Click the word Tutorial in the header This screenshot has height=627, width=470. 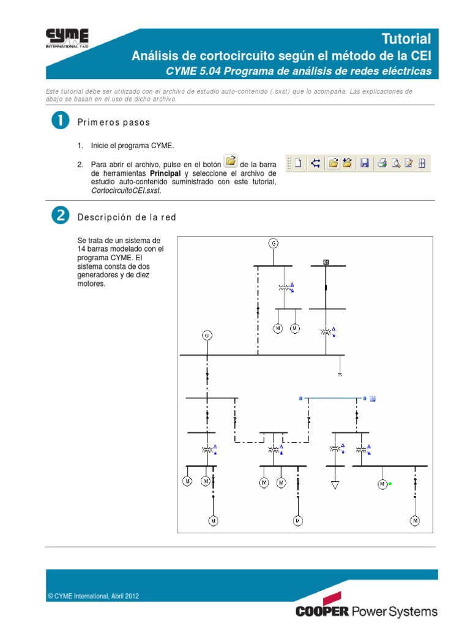406,39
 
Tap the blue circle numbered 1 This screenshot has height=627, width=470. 59,121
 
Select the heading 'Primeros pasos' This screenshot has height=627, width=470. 113,122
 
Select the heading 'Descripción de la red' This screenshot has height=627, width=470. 127,217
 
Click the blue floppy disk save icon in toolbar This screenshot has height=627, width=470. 364,163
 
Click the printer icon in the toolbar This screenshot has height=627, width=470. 381,163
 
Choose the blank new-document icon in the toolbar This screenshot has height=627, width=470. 298,163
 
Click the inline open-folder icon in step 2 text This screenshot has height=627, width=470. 230,161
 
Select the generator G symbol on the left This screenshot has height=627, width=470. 207,335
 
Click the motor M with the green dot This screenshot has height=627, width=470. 382,484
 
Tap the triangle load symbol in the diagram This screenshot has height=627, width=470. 335,485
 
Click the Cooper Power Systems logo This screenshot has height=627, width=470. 366,610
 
